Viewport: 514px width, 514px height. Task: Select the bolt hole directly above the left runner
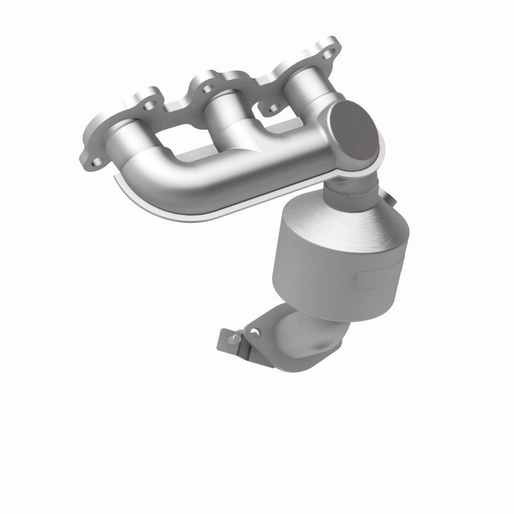(149, 106)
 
